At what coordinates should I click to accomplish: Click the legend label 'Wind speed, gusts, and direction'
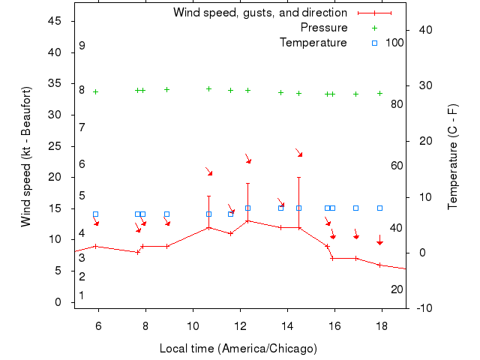[259, 13]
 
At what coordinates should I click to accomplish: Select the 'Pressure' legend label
[324, 28]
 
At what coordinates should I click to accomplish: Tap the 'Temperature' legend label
[313, 43]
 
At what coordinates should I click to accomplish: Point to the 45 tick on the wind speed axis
[55, 21]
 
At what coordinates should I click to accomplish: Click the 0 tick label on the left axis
[58, 302]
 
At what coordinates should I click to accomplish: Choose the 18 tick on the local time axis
[382, 328]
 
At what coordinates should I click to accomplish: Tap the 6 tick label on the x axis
[98, 328]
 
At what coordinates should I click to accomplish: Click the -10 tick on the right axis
[425, 308]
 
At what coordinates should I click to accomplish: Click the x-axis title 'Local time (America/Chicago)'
[238, 349]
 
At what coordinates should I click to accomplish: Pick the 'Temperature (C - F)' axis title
[453, 156]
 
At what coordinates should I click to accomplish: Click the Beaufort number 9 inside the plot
[82, 46]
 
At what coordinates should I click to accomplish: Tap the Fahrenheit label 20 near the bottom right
[397, 289]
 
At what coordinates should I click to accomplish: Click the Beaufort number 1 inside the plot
[82, 295]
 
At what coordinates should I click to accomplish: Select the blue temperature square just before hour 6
[95, 214]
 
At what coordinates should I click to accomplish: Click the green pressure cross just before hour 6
[95, 91]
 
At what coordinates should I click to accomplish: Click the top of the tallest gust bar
[299, 178]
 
